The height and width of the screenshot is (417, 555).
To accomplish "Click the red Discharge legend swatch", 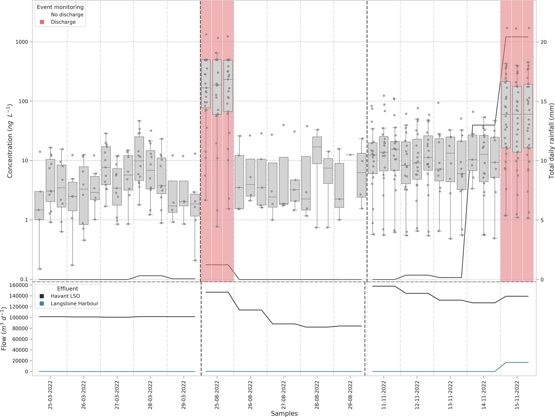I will click(42, 22).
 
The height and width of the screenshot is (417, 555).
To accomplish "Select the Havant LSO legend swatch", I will click(42, 296).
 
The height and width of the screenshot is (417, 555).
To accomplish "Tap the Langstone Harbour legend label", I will click(74, 303).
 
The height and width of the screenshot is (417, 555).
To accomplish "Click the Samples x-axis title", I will click(284, 413).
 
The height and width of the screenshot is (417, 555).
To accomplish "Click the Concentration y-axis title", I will click(10, 141).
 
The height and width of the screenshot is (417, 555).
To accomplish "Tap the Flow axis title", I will click(4, 329).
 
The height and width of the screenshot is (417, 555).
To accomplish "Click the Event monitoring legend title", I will click(60, 7).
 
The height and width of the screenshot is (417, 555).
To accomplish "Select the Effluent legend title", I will click(67, 289).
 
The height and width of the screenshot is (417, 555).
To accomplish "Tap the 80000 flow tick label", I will click(19, 328).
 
